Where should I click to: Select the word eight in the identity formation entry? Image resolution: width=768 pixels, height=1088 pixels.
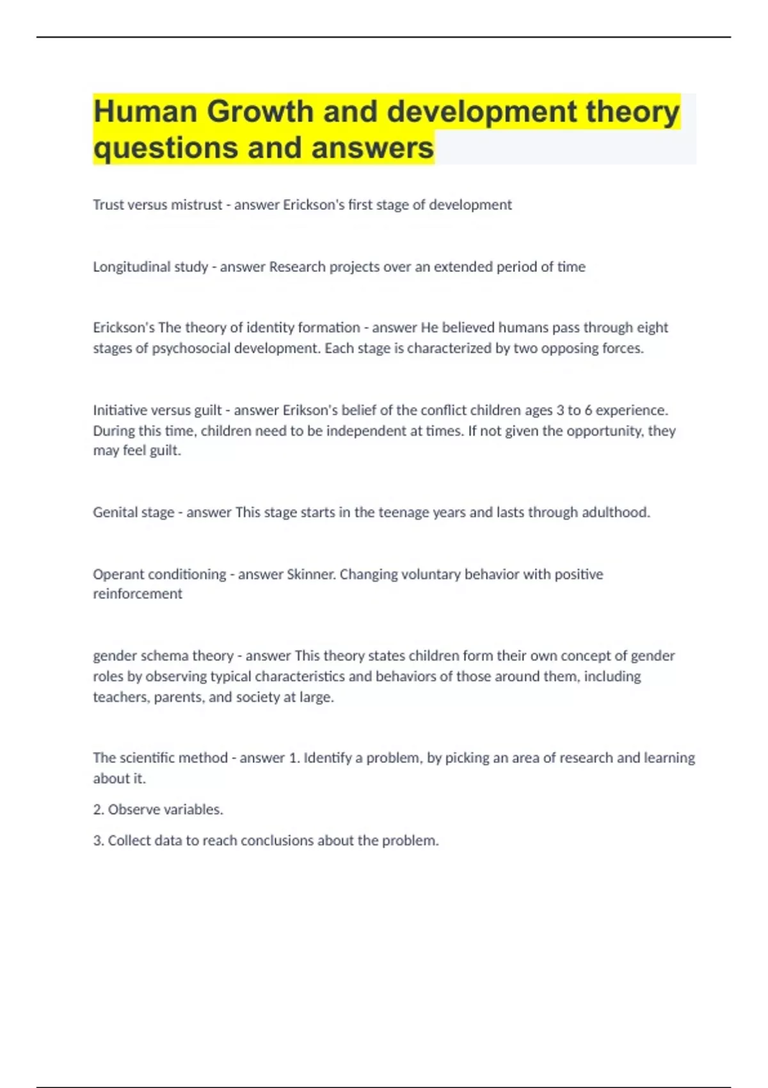652,328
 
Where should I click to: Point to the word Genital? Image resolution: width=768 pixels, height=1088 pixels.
113,512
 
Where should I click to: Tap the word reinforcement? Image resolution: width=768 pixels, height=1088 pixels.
138,594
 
